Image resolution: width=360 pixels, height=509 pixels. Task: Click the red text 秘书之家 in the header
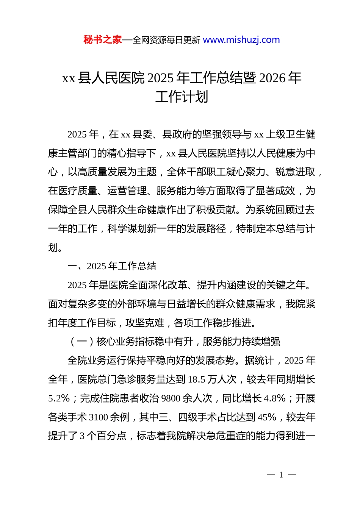click(x=103, y=40)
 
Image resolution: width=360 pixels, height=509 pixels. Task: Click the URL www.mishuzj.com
click(x=241, y=40)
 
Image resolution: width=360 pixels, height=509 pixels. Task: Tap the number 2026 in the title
click(x=272, y=78)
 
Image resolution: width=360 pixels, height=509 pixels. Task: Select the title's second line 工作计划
click(x=182, y=97)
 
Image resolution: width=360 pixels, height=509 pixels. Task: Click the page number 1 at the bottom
click(x=281, y=475)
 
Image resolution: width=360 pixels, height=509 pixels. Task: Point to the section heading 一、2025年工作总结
click(x=112, y=266)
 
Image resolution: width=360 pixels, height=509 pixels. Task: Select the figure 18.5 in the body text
click(x=197, y=379)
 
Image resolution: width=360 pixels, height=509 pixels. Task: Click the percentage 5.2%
click(x=59, y=398)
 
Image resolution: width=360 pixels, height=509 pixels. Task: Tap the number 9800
click(x=171, y=398)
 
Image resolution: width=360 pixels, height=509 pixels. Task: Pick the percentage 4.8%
click(x=274, y=398)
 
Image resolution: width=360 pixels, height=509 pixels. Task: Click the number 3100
click(x=99, y=417)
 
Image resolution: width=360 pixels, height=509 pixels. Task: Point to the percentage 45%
click(x=267, y=417)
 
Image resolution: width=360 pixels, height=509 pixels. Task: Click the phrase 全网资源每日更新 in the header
click(x=166, y=40)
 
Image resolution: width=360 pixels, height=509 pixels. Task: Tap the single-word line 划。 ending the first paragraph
click(x=55, y=248)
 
